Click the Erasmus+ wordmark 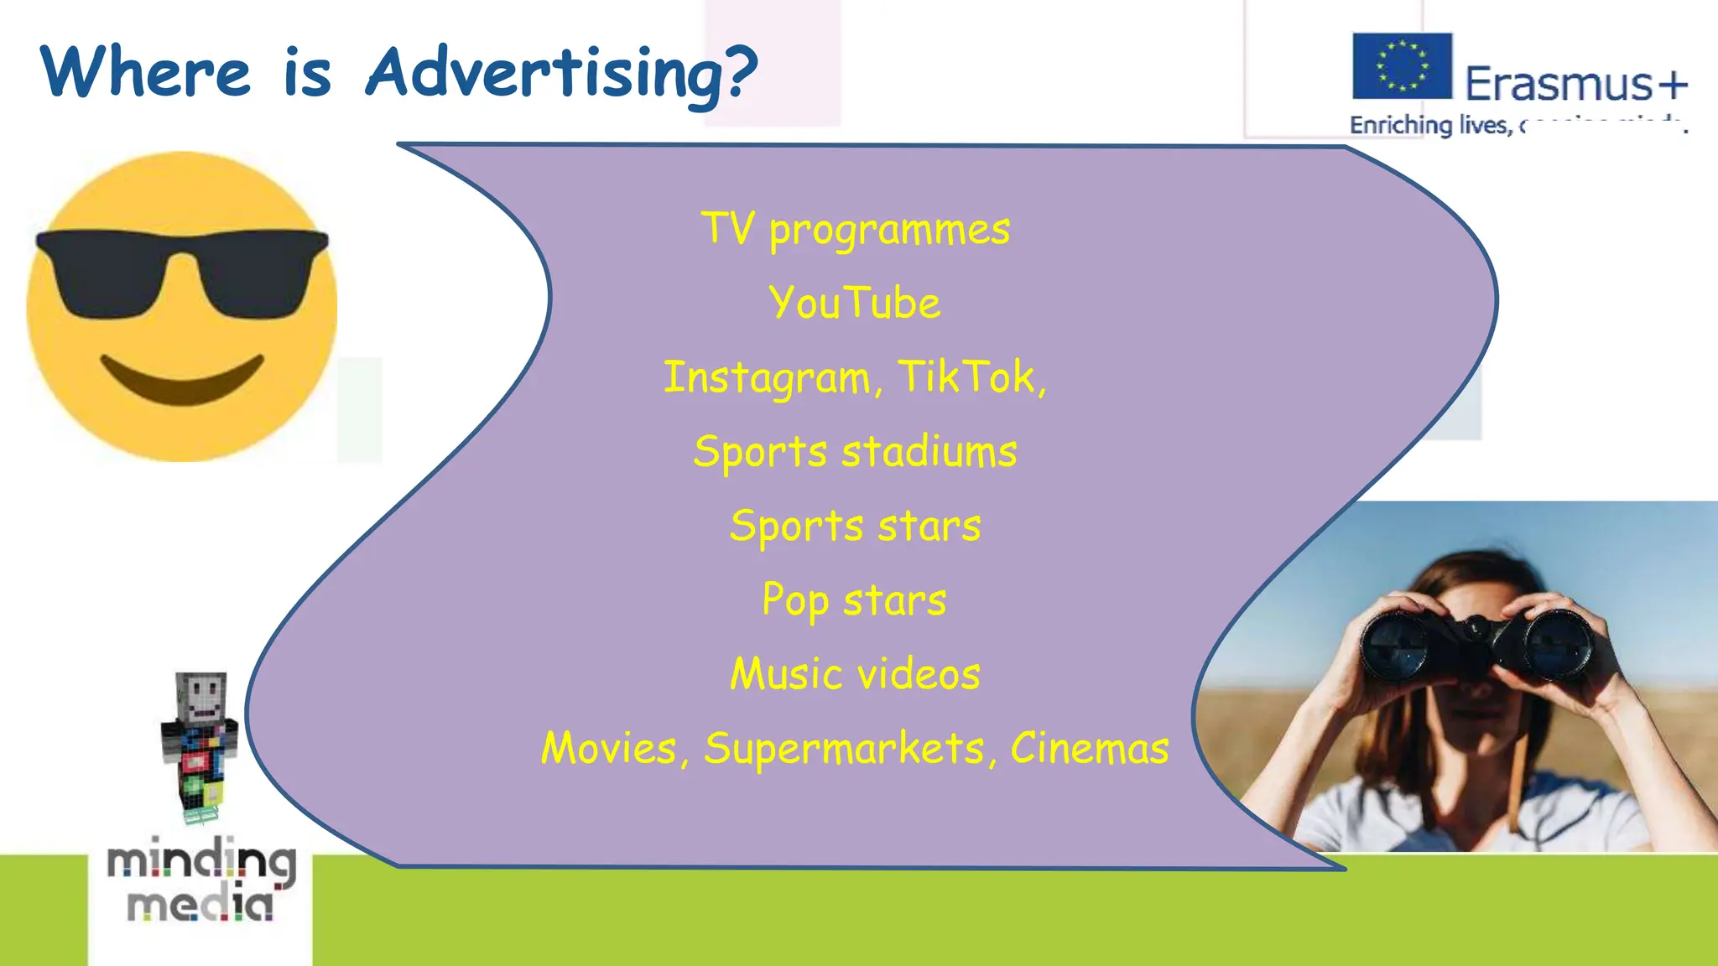[x=1575, y=84]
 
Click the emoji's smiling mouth [x=182, y=379]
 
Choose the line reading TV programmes [x=856, y=229]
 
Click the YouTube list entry [x=855, y=303]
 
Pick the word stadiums [x=929, y=451]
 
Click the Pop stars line [x=854, y=600]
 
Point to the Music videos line [x=855, y=674]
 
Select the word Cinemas [x=1089, y=748]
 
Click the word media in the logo [x=200, y=905]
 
